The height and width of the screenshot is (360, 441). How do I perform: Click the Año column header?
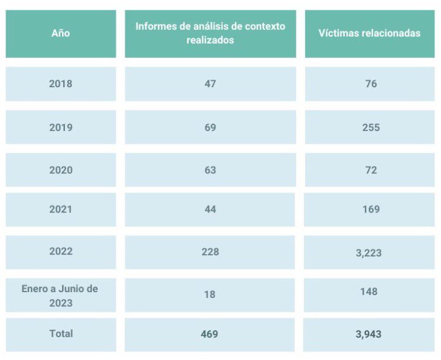click(x=60, y=33)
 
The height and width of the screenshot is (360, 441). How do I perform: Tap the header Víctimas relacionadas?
click(x=370, y=33)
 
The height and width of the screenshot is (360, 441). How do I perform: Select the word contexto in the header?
click(x=265, y=26)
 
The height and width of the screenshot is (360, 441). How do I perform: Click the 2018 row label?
click(x=60, y=84)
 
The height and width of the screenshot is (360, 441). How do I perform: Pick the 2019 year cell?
click(x=61, y=127)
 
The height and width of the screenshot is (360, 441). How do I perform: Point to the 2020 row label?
click(x=61, y=170)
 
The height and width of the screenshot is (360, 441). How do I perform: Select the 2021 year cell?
click(x=60, y=209)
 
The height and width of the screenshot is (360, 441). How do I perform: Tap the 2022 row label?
click(x=61, y=251)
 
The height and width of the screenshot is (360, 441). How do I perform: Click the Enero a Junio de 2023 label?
click(x=60, y=296)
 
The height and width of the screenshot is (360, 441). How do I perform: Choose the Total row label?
click(x=61, y=334)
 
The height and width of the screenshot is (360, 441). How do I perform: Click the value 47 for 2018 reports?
click(x=210, y=84)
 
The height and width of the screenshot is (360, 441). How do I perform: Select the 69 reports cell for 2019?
click(x=210, y=127)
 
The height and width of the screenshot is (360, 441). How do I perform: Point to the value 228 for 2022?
click(x=210, y=252)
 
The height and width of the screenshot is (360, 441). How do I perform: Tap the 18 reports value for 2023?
click(x=210, y=294)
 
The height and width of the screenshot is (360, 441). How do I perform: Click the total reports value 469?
click(x=209, y=334)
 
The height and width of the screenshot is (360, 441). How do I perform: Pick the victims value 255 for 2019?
click(x=371, y=127)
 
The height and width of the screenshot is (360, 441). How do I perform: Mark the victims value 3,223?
click(x=369, y=253)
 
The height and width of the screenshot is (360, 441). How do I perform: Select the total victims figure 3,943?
click(x=368, y=334)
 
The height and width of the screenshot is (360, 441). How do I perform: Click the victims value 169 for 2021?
click(x=371, y=209)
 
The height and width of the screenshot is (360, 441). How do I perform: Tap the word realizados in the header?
click(x=210, y=40)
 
